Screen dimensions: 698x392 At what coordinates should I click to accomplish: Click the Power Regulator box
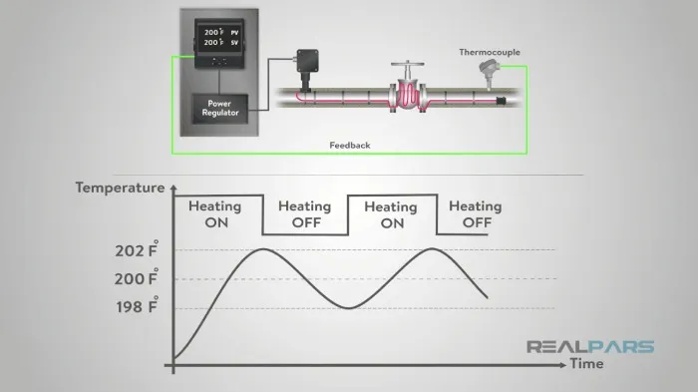220,109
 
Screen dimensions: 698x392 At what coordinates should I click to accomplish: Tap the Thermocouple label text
490,52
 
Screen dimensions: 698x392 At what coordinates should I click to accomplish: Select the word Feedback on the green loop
350,146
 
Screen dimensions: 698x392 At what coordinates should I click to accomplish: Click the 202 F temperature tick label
137,249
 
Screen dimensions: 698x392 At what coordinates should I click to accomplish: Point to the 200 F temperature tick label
137,278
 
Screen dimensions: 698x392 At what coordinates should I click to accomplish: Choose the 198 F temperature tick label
138,306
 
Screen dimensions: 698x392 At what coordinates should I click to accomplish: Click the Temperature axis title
121,188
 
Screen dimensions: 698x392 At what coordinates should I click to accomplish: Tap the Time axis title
586,364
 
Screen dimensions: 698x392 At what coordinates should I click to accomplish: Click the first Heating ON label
215,214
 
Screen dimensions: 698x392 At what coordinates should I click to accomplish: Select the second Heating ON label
391,214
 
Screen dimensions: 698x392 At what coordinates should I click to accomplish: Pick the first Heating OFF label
305,214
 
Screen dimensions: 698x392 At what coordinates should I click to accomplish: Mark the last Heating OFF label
476,214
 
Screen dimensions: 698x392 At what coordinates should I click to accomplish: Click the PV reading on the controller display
221,33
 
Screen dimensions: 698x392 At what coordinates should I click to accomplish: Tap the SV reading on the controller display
221,43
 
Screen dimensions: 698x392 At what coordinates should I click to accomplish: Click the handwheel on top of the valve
407,64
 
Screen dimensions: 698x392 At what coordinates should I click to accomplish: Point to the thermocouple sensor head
488,67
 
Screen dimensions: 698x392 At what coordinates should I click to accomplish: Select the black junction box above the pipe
307,60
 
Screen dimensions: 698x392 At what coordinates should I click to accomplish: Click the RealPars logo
590,346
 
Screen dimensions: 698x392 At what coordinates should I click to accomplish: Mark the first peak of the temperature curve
263,249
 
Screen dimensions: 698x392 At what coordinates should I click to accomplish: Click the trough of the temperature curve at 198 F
350,308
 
